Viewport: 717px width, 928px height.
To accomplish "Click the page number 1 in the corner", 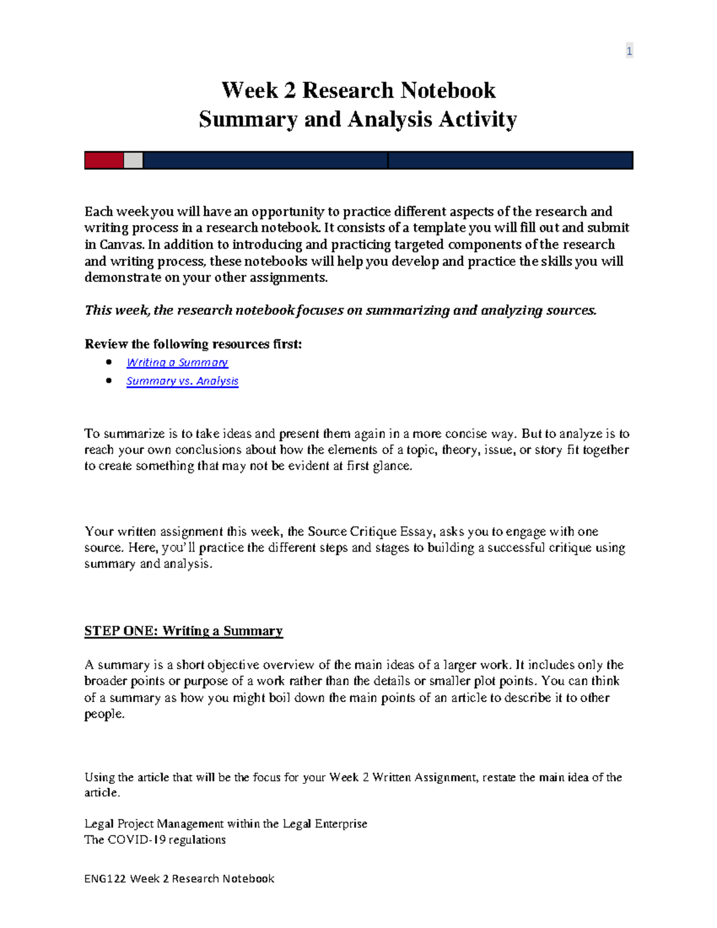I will (x=629, y=51).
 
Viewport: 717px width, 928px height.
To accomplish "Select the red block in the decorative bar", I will (x=104, y=160).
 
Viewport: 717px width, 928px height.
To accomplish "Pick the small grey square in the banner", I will (x=133, y=160).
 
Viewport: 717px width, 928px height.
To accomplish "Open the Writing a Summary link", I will (x=177, y=363).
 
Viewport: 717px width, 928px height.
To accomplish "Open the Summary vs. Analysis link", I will (x=182, y=381).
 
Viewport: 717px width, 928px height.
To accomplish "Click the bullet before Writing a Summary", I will (x=109, y=362).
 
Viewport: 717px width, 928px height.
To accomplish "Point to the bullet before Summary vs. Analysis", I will (x=109, y=381).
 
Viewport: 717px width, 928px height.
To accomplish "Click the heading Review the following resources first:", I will (x=193, y=344).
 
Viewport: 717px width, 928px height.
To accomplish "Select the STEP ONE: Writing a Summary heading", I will (x=183, y=631).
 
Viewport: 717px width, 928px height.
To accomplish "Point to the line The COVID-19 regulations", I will (x=155, y=840).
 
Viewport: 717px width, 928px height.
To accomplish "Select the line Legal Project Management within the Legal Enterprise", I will (x=225, y=823).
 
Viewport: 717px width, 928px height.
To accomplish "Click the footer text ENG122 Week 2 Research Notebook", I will (x=179, y=878).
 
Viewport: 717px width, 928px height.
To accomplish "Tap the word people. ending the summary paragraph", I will (x=105, y=714).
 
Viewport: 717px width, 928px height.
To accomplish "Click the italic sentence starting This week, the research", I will (x=341, y=310).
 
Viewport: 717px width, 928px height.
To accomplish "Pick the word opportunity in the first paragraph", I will (x=287, y=212).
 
